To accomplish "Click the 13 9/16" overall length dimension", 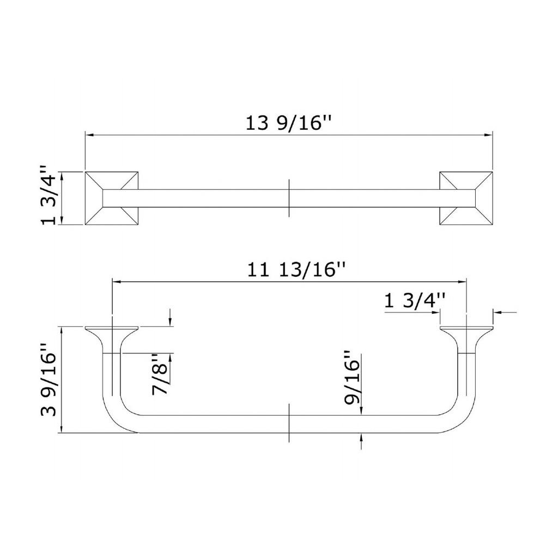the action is tap(289, 123).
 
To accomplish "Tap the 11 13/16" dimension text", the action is tap(296, 270).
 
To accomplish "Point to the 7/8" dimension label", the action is tap(160, 374).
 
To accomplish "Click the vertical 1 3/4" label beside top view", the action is tap(48, 195).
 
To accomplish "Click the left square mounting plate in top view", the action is tap(111, 198).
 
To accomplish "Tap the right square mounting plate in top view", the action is tap(466, 198).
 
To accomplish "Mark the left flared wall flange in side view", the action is tap(111, 336).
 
